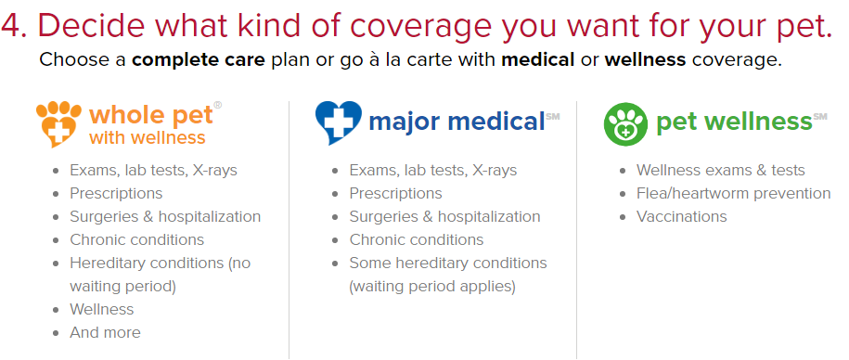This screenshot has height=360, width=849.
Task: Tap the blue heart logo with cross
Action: (x=339, y=122)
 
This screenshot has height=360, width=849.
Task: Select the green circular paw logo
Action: (x=625, y=124)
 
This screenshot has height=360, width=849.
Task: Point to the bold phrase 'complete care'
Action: (x=199, y=59)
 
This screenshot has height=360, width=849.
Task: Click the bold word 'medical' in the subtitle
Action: (x=537, y=59)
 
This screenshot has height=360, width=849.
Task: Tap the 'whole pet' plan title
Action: (x=149, y=115)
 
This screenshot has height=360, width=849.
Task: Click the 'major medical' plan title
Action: (x=457, y=122)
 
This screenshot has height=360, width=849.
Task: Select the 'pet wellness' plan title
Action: (x=734, y=122)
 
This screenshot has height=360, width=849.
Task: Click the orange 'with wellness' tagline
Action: (x=148, y=137)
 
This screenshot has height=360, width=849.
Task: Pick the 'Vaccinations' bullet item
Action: (x=682, y=216)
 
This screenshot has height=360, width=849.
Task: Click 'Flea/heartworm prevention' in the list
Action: (x=734, y=193)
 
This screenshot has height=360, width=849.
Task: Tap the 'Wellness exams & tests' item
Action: (x=721, y=170)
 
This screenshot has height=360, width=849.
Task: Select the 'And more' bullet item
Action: (x=105, y=332)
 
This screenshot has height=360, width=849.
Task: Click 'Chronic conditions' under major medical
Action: (x=417, y=239)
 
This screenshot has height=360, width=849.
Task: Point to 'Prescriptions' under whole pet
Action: (x=116, y=193)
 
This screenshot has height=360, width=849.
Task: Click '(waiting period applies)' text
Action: (x=432, y=286)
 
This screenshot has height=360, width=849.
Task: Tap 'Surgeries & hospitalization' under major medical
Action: (x=444, y=216)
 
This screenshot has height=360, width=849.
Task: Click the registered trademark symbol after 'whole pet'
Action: (x=218, y=105)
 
